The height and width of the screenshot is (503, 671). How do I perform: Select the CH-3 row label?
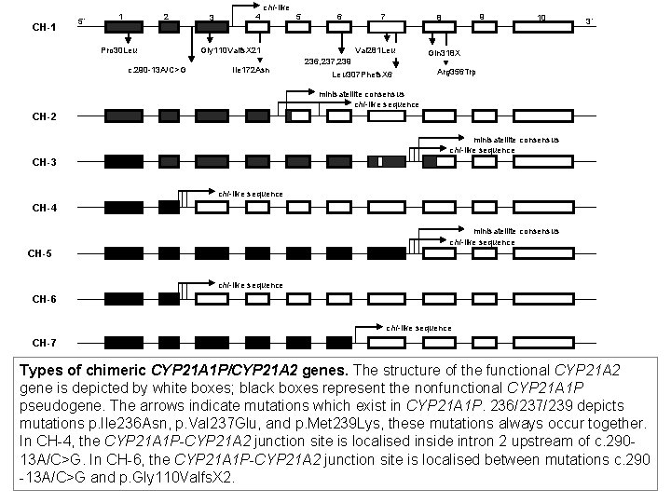44,162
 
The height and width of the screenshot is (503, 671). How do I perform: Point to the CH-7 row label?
44,342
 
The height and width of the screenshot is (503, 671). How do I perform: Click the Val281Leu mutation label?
377,49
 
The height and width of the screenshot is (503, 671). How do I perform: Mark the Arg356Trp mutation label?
456,72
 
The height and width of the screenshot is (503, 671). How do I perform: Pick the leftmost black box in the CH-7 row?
124,341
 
